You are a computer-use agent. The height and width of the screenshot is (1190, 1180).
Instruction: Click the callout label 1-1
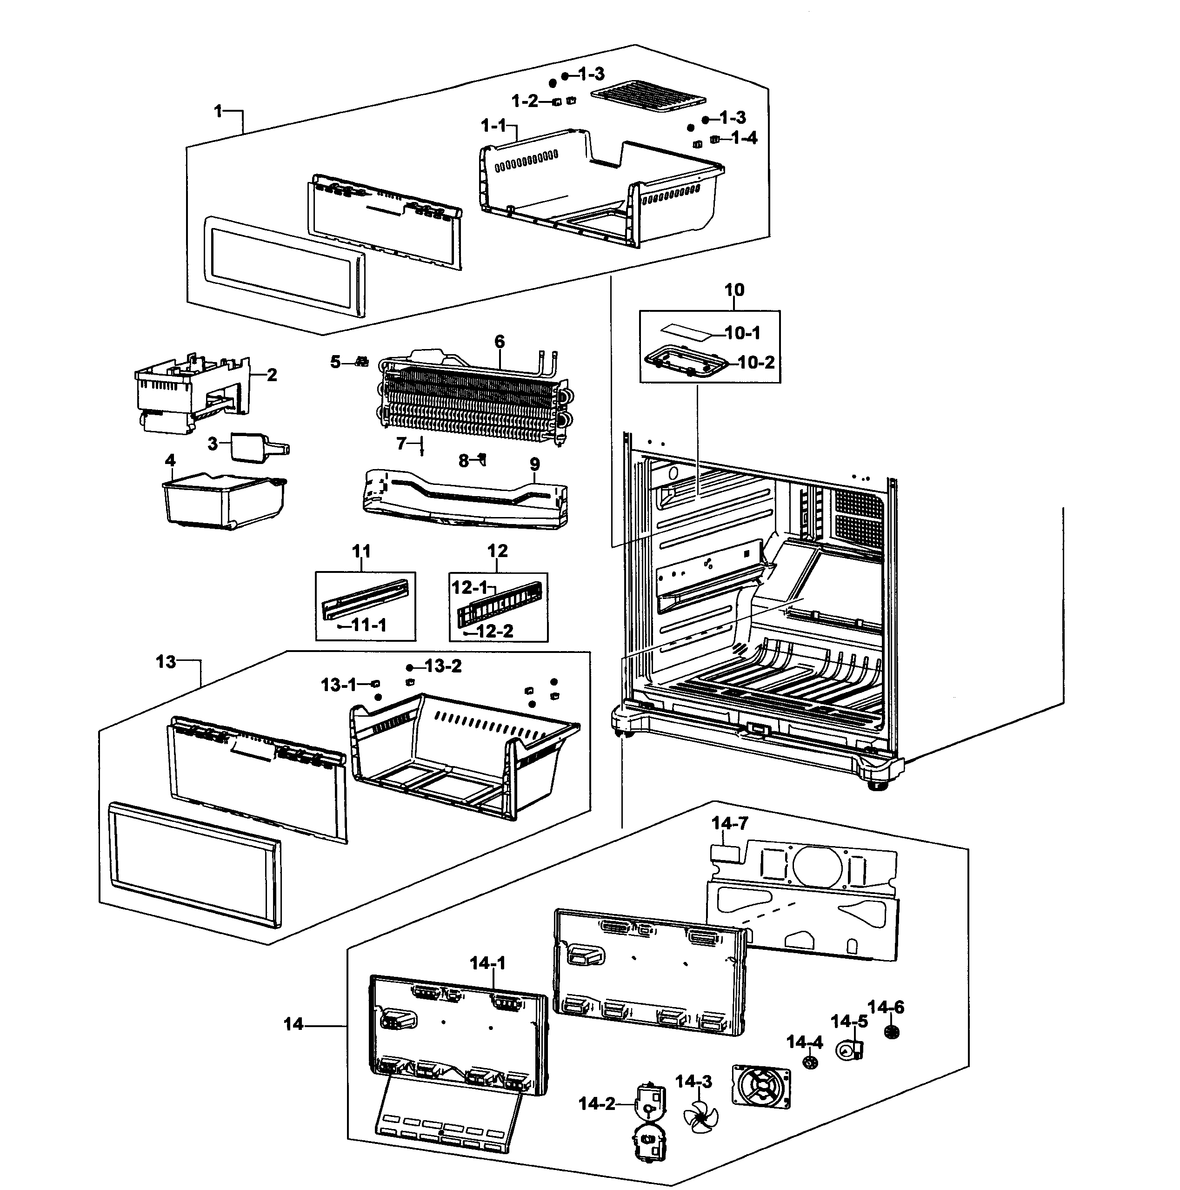tap(493, 126)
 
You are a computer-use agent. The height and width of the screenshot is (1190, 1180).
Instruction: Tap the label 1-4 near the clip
tap(744, 138)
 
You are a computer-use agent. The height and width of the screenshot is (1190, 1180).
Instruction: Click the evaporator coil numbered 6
tap(471, 400)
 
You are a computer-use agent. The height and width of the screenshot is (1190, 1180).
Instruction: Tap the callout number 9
tap(534, 464)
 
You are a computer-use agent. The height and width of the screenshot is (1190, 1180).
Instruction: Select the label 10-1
tap(742, 333)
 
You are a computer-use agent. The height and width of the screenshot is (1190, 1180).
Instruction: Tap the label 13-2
tap(443, 666)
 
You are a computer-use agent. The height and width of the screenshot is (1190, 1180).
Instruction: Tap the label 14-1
tap(487, 963)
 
